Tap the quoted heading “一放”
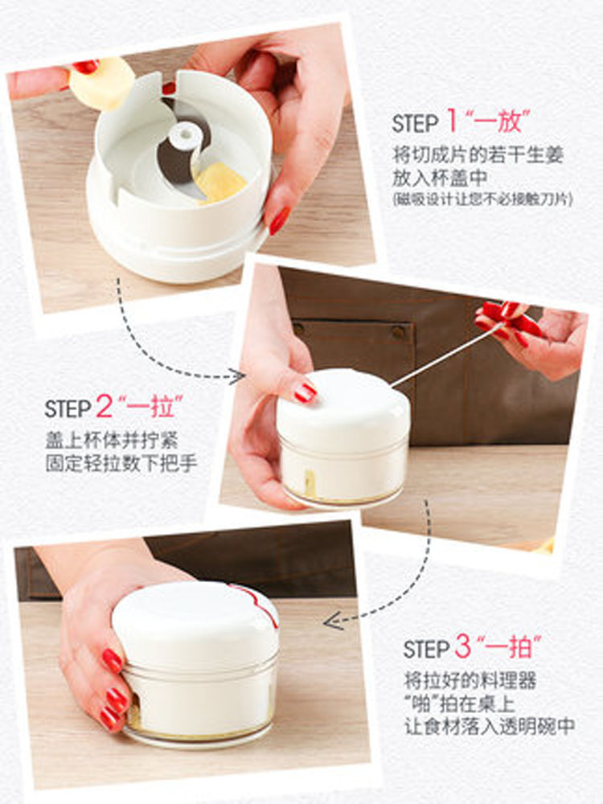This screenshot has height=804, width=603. tap(499, 122)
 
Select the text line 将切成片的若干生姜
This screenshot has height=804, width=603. tap(478, 155)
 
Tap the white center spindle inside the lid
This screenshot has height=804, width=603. tap(185, 134)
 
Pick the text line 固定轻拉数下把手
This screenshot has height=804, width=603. tap(121, 464)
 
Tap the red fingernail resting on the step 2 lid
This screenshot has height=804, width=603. tap(305, 392)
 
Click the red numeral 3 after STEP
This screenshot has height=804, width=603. tap(464, 648)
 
